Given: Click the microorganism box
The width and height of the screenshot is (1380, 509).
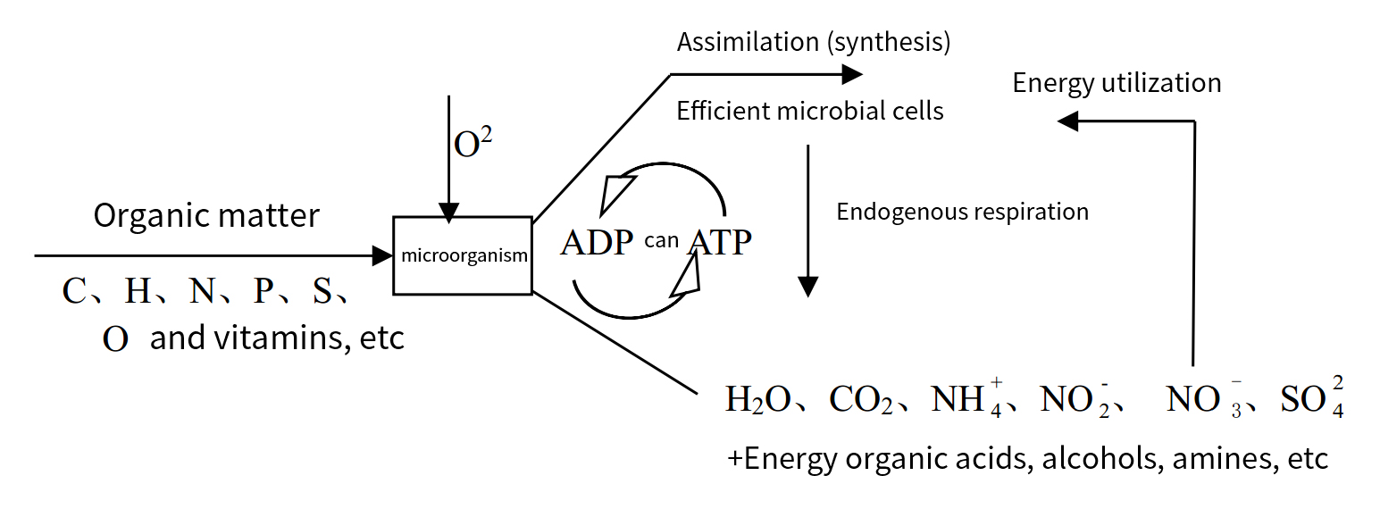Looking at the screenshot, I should tap(463, 255).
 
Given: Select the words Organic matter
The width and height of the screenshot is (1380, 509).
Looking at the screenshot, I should tap(206, 216).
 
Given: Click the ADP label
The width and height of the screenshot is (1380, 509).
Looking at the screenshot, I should tap(597, 243).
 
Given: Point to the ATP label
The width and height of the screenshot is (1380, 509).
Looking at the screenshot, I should tap(719, 243).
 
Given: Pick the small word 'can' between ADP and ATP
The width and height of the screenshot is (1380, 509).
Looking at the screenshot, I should tap(661, 240).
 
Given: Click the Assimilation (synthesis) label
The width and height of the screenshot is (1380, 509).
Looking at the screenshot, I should tap(813, 42).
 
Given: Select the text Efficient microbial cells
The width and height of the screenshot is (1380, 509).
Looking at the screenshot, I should tap(810, 112).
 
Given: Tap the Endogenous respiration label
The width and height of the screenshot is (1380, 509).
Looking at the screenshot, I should tap(962, 213).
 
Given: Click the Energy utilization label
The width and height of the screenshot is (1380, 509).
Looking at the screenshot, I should tap(1117, 83).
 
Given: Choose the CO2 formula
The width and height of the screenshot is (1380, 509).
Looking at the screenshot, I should tap(861, 400).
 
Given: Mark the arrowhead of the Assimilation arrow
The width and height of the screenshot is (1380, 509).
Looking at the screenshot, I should tap(843, 75).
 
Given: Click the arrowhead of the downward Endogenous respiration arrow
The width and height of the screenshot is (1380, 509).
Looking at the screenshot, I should tap(807, 286).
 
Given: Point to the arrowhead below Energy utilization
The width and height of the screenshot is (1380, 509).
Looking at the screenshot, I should tap(1066, 121).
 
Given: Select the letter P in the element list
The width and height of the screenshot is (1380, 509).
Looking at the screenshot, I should tap(263, 291).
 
